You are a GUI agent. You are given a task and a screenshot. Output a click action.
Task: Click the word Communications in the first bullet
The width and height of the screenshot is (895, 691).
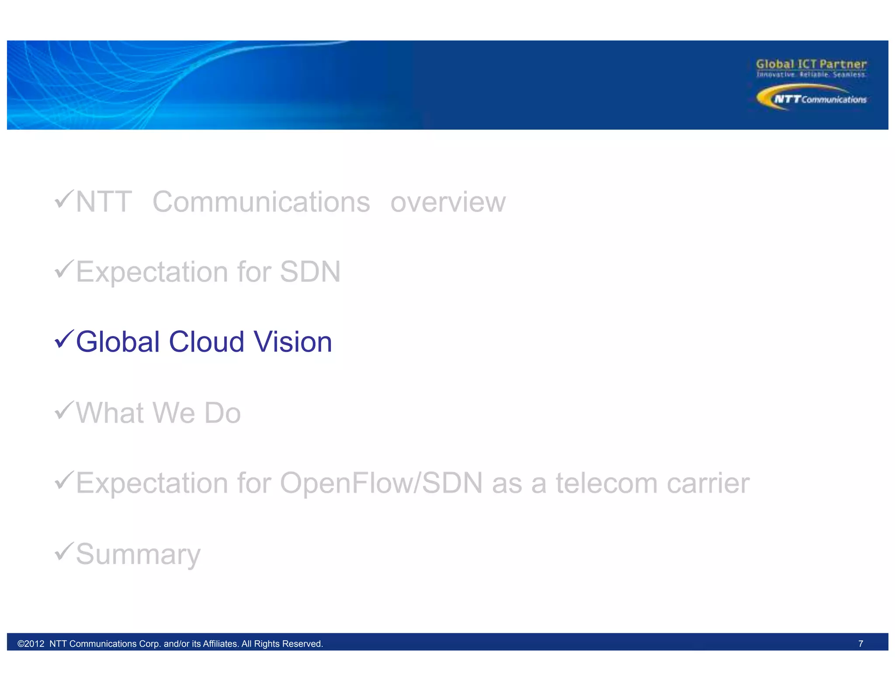pos(261,202)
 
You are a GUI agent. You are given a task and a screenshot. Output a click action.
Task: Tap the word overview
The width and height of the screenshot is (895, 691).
pos(448,202)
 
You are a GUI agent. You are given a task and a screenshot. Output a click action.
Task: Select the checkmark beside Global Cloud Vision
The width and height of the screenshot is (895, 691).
pos(64,339)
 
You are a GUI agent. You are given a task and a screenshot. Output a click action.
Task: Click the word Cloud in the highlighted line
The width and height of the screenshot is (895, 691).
pos(206,342)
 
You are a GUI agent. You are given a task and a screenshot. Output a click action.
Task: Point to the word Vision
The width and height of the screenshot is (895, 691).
pos(293,342)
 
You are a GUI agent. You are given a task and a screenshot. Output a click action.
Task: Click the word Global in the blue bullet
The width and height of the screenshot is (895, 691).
pos(118,342)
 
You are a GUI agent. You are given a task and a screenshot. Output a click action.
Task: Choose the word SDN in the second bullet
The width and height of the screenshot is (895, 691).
pos(310,272)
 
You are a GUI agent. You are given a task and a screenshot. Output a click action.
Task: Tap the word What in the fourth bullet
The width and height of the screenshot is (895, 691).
pos(110,413)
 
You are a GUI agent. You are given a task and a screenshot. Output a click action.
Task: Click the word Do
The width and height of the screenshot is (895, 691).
pos(222,413)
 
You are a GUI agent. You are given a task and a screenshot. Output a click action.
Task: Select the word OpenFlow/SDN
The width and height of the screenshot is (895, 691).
pos(381,483)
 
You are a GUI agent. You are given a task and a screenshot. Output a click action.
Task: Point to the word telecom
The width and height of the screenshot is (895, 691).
pos(606,483)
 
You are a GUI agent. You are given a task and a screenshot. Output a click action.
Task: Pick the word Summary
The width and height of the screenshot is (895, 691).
pos(138,554)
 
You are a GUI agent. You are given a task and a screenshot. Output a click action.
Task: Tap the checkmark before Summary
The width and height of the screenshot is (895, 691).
pos(64,551)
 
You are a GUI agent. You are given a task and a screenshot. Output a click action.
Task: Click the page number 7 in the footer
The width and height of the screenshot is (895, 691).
pos(860,644)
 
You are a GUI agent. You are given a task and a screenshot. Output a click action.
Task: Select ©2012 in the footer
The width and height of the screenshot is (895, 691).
pos(31,644)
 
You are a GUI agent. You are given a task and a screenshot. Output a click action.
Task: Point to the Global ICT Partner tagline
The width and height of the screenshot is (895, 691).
pos(811,64)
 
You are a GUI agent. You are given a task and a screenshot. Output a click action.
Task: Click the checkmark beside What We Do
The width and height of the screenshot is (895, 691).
pos(64,411)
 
